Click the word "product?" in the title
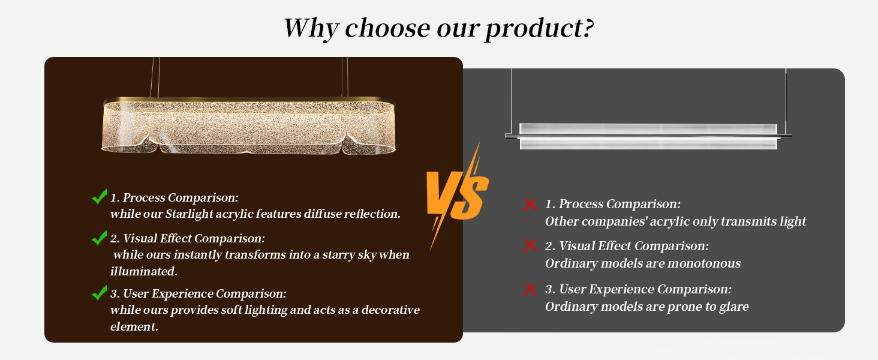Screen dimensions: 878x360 point(539,29)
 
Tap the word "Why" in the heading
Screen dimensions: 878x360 point(311,28)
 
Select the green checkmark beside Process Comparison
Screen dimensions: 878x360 point(99,196)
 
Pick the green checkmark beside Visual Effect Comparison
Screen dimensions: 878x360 point(99,238)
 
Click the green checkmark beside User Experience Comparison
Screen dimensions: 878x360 point(99,293)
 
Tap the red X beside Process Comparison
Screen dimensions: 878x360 point(530,205)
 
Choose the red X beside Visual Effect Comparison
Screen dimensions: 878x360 point(530,245)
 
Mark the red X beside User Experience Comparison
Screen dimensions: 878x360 point(530,289)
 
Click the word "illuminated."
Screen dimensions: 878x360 point(144,271)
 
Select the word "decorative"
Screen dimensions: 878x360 point(390,310)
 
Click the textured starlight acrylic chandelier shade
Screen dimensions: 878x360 point(248,127)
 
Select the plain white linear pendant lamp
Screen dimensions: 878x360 point(648,136)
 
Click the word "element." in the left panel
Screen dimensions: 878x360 point(134,326)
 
